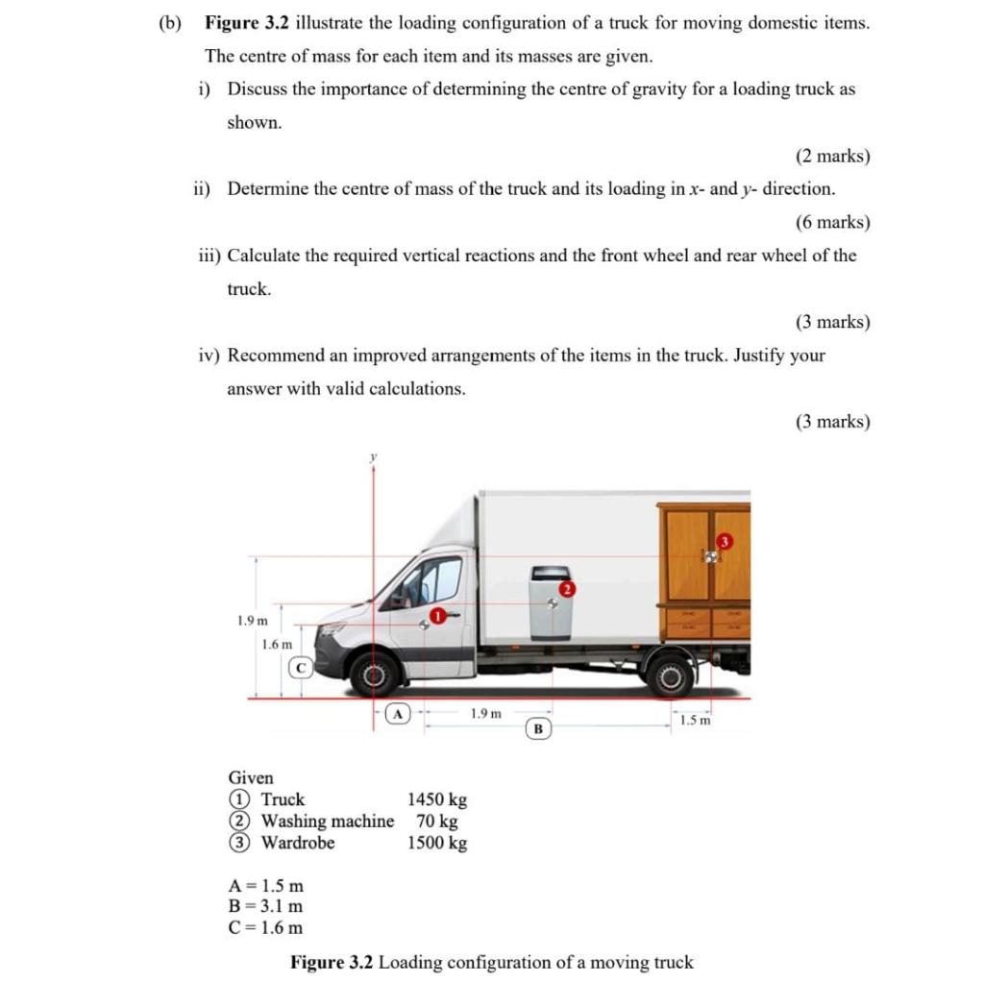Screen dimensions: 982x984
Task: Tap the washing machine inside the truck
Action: coord(550,602)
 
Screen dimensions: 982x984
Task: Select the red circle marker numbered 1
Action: coord(438,615)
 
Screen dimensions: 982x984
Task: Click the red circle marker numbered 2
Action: coord(567,588)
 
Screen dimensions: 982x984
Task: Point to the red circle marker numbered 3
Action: coord(725,543)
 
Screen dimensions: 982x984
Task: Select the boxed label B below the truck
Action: coord(538,728)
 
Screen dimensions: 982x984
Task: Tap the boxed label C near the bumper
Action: coord(301,666)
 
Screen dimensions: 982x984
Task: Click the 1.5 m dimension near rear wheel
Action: coord(695,721)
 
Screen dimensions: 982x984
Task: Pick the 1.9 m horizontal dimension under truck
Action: coord(485,713)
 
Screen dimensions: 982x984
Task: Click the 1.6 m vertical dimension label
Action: coord(277,644)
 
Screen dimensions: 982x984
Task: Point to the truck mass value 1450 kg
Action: coord(437,799)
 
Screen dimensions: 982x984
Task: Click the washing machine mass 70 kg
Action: coord(437,822)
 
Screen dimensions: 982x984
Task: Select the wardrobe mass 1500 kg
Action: coord(437,844)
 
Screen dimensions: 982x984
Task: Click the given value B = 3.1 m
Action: coord(265,906)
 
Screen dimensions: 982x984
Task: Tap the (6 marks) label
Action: coord(832,222)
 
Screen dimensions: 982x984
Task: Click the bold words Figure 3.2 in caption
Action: coord(332,962)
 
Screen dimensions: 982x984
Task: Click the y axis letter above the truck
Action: coord(372,458)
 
